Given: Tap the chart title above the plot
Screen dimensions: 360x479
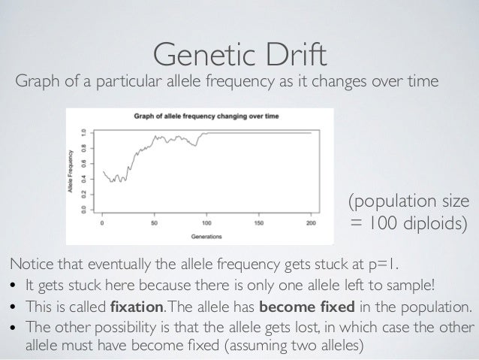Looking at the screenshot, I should click(205, 116).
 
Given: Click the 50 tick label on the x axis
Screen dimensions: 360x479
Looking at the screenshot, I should click(155, 223).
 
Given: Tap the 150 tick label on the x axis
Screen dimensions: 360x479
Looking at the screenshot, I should click(259, 223).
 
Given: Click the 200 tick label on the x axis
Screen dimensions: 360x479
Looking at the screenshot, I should click(311, 223).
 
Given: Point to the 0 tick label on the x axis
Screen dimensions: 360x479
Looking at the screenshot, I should click(102, 223).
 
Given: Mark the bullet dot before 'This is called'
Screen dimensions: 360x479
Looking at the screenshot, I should click(14, 309).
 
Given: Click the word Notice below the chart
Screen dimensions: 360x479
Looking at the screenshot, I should click(28, 265).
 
